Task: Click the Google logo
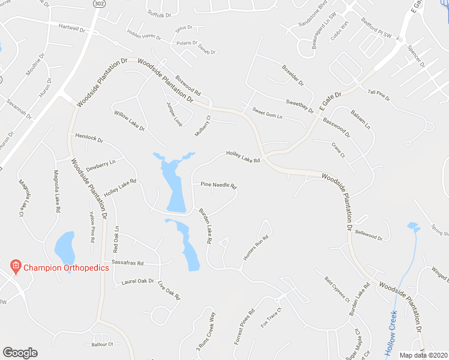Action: point(20,353)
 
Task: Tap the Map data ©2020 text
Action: point(423,355)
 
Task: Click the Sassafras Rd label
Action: point(124,263)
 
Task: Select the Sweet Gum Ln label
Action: point(267,111)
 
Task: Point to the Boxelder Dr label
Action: point(293,74)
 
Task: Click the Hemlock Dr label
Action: point(89,138)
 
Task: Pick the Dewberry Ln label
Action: point(100,162)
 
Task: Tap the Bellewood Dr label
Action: point(369,234)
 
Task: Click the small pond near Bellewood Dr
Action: point(412,226)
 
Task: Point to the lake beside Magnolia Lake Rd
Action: point(64,247)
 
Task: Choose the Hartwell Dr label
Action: point(73,28)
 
